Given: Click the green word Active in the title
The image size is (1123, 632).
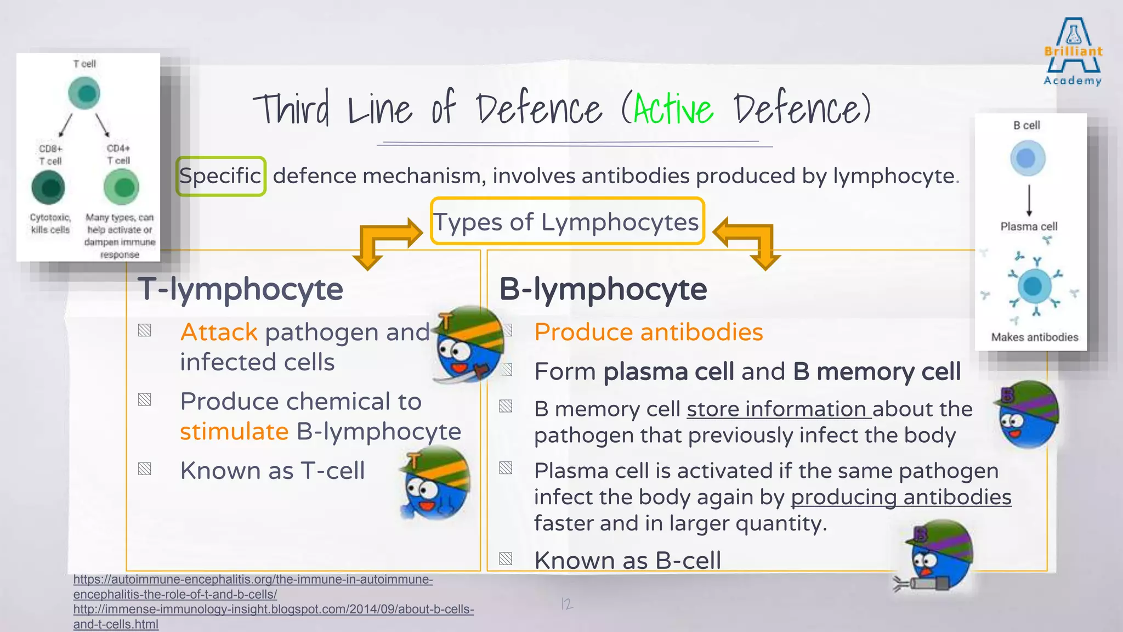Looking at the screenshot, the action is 673,109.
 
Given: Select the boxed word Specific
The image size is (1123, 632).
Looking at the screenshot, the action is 220,176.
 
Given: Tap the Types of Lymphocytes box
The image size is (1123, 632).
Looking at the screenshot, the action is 567,222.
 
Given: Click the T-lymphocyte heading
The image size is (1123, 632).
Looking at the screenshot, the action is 240,289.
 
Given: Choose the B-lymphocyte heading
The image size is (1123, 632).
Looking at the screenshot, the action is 603,289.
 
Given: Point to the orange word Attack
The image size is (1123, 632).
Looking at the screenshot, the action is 219,332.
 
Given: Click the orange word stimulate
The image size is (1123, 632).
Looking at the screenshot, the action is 234,432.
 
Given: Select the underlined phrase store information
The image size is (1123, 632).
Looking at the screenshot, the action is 779,409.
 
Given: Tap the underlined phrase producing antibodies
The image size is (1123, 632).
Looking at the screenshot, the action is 900,497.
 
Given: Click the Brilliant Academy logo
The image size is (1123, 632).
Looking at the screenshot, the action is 1073,53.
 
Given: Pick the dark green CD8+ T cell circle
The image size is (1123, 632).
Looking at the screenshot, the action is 48,187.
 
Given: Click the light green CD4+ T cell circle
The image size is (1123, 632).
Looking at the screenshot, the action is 121,187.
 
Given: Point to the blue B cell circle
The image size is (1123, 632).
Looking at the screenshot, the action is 1027,159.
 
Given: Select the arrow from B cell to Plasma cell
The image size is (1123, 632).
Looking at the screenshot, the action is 1029,200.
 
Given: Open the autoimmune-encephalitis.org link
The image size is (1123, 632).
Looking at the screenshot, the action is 253,586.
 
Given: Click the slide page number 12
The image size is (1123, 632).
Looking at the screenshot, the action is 566,604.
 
